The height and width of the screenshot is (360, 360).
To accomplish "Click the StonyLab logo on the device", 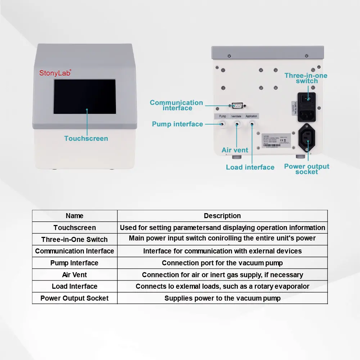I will [x=55, y=72].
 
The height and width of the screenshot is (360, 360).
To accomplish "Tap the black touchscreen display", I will [x=85, y=97].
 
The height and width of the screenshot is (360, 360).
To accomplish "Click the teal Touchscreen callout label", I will [x=86, y=138].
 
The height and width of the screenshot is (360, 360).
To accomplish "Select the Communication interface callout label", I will [x=176, y=105].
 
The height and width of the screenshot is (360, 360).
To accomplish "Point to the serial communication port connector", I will [x=237, y=105].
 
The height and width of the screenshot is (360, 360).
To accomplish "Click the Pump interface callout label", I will [x=177, y=124].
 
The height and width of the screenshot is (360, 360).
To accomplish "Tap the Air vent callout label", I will [x=235, y=150].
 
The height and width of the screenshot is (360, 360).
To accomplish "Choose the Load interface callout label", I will [x=250, y=167].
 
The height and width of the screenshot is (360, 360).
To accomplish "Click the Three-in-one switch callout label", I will [x=306, y=78].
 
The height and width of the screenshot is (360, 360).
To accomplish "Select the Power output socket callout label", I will [x=306, y=169].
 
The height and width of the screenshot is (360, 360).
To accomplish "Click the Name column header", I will [x=75, y=216].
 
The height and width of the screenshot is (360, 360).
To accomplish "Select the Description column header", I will [x=222, y=216].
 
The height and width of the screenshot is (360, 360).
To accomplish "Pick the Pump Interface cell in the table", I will [x=75, y=263].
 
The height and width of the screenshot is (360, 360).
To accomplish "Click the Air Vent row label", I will [x=75, y=275].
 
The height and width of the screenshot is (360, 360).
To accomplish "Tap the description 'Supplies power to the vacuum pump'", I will [x=222, y=298].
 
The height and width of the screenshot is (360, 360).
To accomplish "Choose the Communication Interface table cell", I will [x=75, y=251].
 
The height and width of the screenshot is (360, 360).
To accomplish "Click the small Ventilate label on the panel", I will [x=236, y=116].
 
